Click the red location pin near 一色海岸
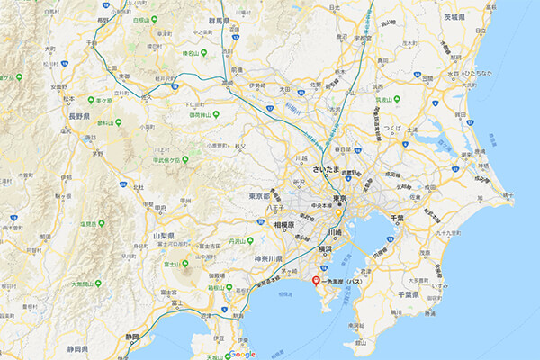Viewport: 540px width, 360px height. pyautogui.click(x=315, y=281)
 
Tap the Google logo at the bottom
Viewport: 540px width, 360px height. pyautogui.click(x=241, y=354)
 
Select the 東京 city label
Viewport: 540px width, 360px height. pyautogui.click(x=339, y=198)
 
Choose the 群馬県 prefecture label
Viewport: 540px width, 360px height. pyautogui.click(x=245, y=20)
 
